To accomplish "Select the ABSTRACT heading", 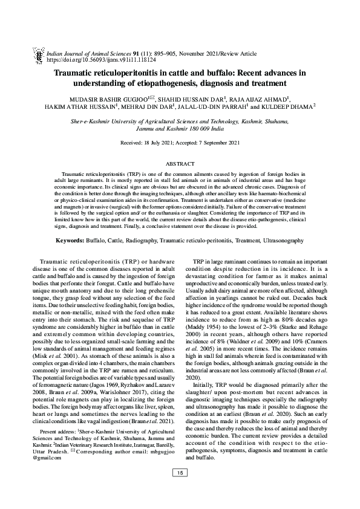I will click(180, 164).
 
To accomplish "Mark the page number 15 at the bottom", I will click(180, 489).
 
